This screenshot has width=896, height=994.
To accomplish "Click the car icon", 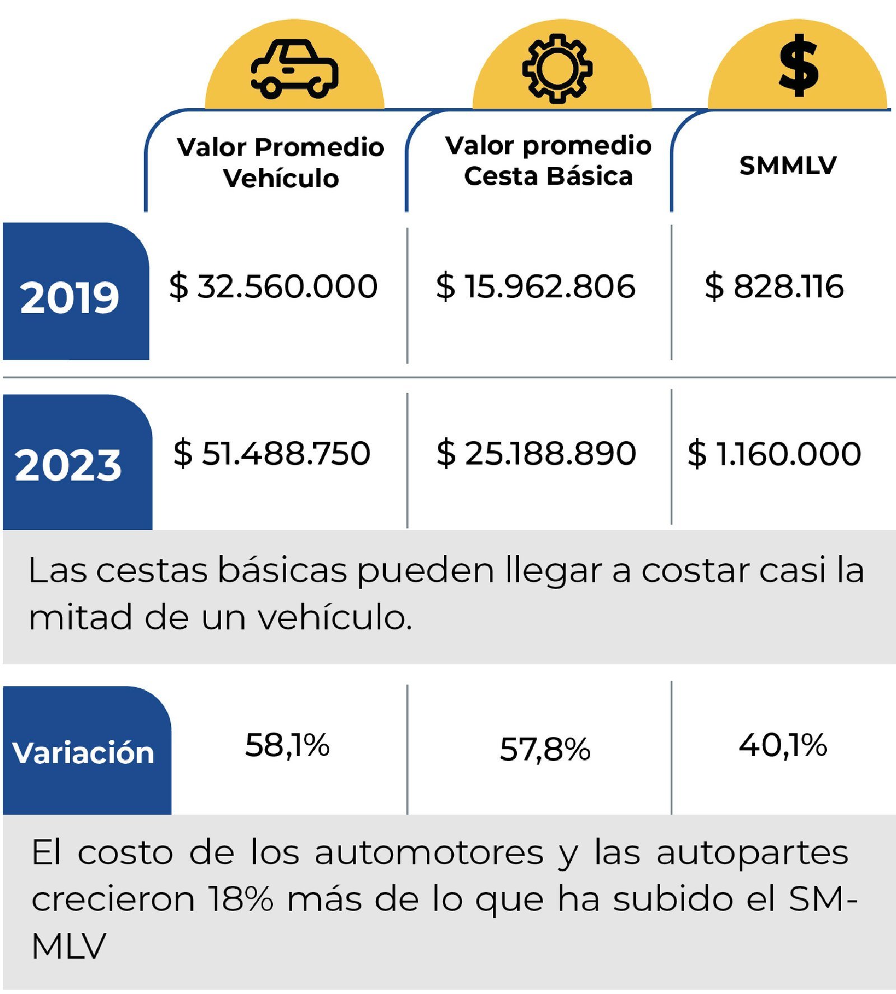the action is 295,69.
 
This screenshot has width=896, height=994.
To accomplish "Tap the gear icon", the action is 557,68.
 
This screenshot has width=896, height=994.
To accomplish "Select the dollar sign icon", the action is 799,66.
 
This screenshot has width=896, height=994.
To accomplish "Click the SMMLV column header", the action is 788,165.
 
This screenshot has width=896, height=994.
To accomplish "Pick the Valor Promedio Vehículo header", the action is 281,162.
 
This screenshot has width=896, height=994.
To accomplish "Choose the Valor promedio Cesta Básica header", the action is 548,161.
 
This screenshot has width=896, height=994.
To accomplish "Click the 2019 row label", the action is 69,297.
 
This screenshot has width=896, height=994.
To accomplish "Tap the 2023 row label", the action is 68,465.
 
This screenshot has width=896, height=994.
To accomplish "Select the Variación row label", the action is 83,753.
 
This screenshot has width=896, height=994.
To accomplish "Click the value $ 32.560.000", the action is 273,286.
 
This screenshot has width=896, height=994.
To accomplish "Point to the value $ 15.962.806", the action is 536,286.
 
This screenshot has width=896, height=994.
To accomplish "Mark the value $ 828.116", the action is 774,286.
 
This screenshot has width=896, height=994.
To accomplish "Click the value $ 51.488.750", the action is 272,453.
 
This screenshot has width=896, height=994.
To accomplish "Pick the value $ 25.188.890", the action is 536,453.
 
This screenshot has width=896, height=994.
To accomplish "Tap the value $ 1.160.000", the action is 774,453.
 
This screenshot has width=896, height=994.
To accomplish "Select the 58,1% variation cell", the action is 287,746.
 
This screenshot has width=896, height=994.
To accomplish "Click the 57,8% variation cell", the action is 545,749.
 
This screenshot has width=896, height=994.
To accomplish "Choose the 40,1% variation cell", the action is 783,746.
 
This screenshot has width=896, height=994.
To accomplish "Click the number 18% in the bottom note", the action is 241,899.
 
